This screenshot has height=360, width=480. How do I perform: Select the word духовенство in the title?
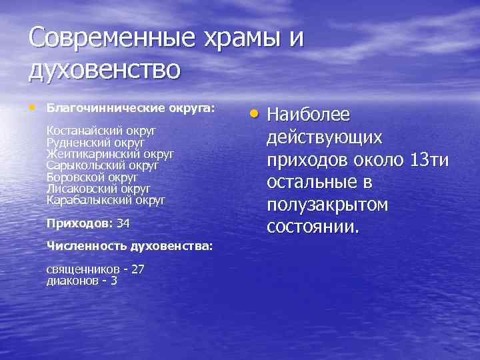[105, 70]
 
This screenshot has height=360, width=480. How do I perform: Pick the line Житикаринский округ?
[110, 154]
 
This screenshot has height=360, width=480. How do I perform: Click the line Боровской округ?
[92, 177]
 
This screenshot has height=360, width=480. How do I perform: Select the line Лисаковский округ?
[98, 188]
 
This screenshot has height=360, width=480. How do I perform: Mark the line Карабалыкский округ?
[106, 199]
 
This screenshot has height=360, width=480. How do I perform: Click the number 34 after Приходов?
[123, 223]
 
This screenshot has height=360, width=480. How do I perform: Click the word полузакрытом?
[327, 205]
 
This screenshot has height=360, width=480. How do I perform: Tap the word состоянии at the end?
[313, 227]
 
